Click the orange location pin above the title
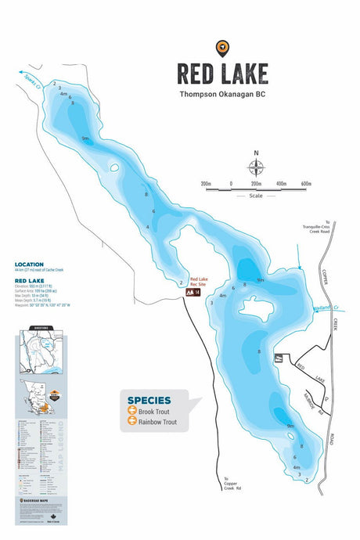222,49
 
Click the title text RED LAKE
222,74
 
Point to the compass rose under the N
256,167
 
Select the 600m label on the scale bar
305,184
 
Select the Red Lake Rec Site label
198,282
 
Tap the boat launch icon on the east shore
278,358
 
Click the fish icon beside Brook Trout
132,411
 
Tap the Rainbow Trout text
157,423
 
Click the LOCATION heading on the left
29,264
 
